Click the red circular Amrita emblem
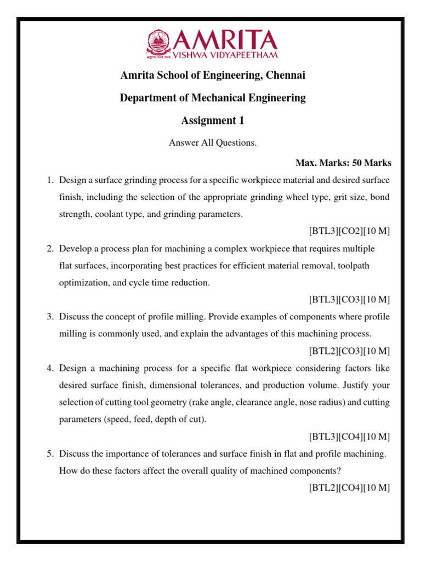pyautogui.click(x=159, y=43)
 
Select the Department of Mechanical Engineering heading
pyautogui.click(x=213, y=98)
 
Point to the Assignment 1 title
pyautogui.click(x=213, y=121)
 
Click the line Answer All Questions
pyautogui.click(x=213, y=143)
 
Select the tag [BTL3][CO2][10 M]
pyautogui.click(x=349, y=231)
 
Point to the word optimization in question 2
pyautogui.click(x=83, y=283)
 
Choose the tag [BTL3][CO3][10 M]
pyautogui.click(x=349, y=300)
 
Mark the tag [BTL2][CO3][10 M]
pyautogui.click(x=349, y=351)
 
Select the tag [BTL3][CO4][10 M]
pyautogui.click(x=349, y=437)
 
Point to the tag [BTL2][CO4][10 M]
pyautogui.click(x=349, y=488)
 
